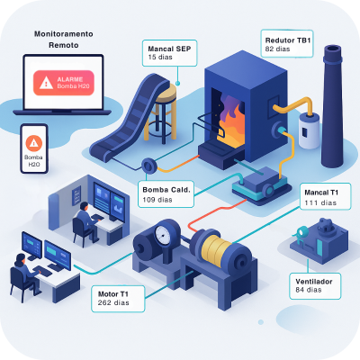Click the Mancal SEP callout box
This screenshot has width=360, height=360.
(169, 53)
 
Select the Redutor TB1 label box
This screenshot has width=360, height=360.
(287, 44)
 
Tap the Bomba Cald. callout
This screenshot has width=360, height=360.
(166, 194)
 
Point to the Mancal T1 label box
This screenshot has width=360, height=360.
(325, 196)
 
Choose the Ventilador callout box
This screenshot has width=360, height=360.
(315, 286)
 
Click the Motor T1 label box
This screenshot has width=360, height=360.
(118, 299)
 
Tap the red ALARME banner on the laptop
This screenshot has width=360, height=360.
(64, 83)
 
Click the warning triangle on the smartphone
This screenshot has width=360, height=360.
(34, 143)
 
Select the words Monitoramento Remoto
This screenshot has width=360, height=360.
(64, 40)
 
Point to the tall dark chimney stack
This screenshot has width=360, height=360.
(332, 106)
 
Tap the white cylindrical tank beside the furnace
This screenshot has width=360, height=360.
(309, 131)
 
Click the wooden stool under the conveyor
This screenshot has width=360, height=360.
(161, 112)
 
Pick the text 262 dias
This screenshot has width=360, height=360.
(113, 302)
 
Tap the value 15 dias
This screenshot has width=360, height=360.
(160, 57)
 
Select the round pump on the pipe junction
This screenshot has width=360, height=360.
(148, 165)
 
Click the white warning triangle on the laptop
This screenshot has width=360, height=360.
(46, 83)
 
